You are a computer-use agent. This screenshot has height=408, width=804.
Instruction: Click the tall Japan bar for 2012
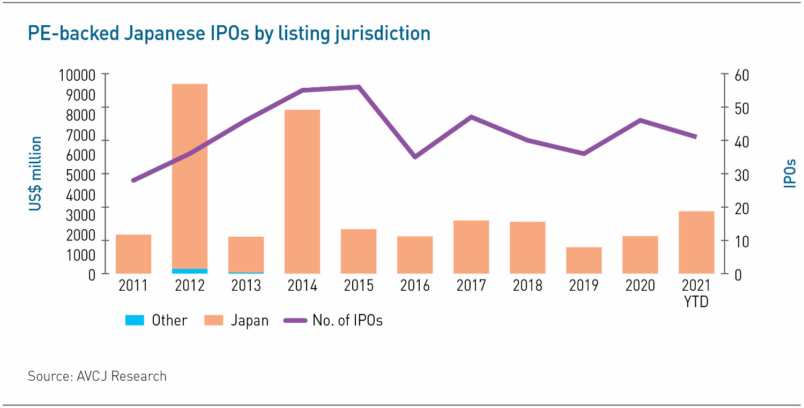(x=190, y=177)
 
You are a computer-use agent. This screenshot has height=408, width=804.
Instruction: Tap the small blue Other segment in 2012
(x=190, y=271)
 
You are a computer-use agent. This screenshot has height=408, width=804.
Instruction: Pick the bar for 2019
(x=584, y=260)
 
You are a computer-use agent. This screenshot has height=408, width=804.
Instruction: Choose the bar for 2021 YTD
(x=696, y=242)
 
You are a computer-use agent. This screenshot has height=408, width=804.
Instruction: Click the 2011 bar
(x=133, y=254)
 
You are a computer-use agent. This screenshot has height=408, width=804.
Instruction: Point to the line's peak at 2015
(x=359, y=87)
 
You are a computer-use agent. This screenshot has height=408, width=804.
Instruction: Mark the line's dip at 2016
(x=415, y=157)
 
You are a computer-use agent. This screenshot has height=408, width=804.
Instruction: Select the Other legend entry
(x=156, y=320)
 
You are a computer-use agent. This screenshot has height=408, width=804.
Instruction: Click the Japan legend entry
(x=236, y=320)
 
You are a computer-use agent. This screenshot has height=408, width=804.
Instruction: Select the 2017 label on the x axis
(x=471, y=285)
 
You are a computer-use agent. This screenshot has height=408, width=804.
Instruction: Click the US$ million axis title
(x=35, y=173)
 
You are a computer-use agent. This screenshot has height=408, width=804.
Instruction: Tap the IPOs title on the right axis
(x=790, y=173)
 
